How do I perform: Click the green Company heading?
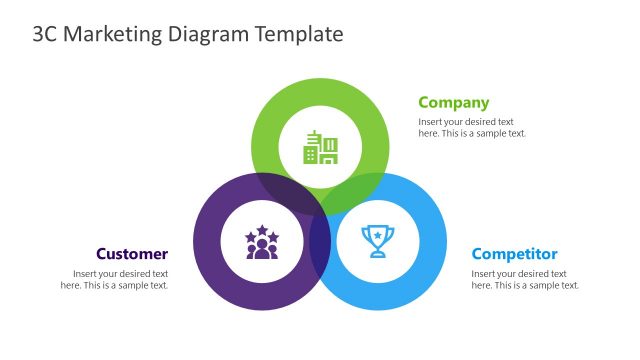pos(453,102)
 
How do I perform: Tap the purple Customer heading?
pos(132,254)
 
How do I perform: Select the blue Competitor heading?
pos(514,254)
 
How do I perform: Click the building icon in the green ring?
pos(320,147)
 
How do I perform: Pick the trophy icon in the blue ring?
pos(377,241)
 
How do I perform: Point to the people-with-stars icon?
pos(262,242)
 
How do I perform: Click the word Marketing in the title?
pos(114,34)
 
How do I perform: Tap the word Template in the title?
pos(299,34)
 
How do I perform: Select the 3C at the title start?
pos(46,34)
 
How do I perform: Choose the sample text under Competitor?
pos(525,279)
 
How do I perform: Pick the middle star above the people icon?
pos(262,230)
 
